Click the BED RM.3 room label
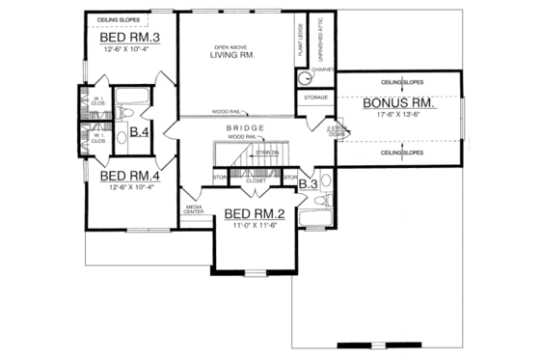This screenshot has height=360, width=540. [128, 38]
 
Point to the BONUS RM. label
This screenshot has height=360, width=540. [397, 101]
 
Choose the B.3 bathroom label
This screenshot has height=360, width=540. [309, 181]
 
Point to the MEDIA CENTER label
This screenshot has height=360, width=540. [194, 209]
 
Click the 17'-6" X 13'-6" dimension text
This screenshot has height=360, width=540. [397, 113]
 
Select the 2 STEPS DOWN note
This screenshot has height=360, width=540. [336, 131]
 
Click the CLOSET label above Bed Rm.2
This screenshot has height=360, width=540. [256, 180]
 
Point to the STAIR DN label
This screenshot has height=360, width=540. [270, 153]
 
